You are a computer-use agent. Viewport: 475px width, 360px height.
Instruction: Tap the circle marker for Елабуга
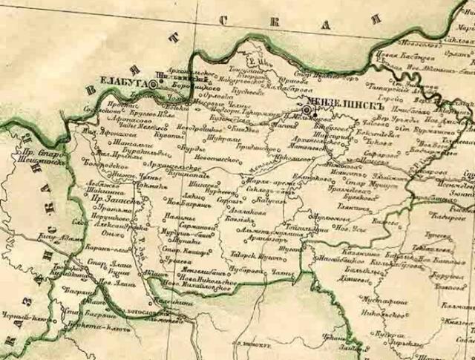click(x=153, y=85)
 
